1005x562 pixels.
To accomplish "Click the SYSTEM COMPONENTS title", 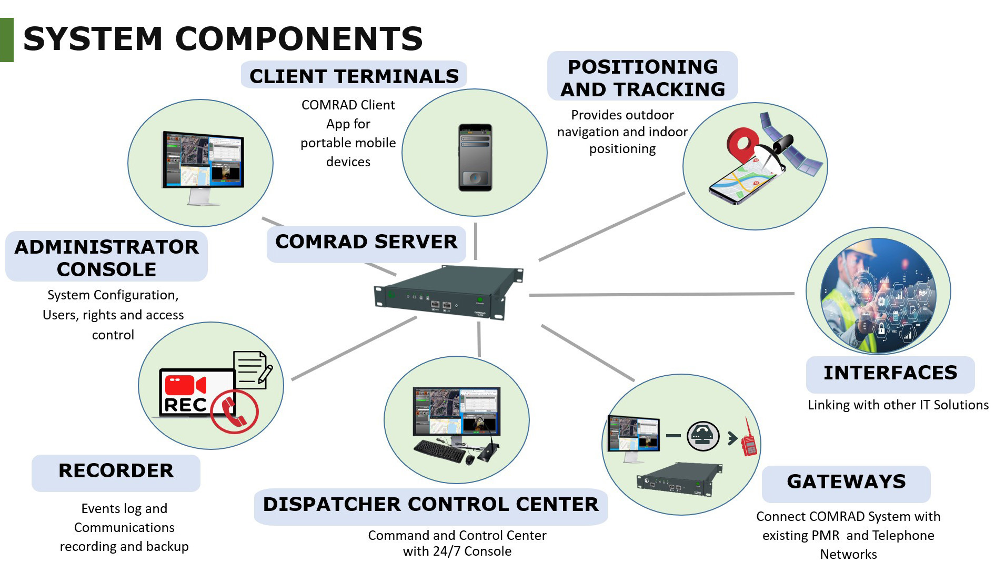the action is click(223, 38).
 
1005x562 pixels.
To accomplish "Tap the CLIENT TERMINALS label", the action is click(354, 75).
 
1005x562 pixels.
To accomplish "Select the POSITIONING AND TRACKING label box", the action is click(642, 76).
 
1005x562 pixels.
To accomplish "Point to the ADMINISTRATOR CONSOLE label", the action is click(106, 257).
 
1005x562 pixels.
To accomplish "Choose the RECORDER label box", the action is click(116, 473).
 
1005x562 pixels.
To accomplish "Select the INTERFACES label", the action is click(890, 374).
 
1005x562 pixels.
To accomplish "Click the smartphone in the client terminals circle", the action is click(475, 157).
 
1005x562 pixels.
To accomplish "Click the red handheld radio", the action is click(749, 438).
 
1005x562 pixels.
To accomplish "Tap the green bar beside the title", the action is click(7, 40).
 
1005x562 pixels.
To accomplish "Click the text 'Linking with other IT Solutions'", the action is click(898, 405).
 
